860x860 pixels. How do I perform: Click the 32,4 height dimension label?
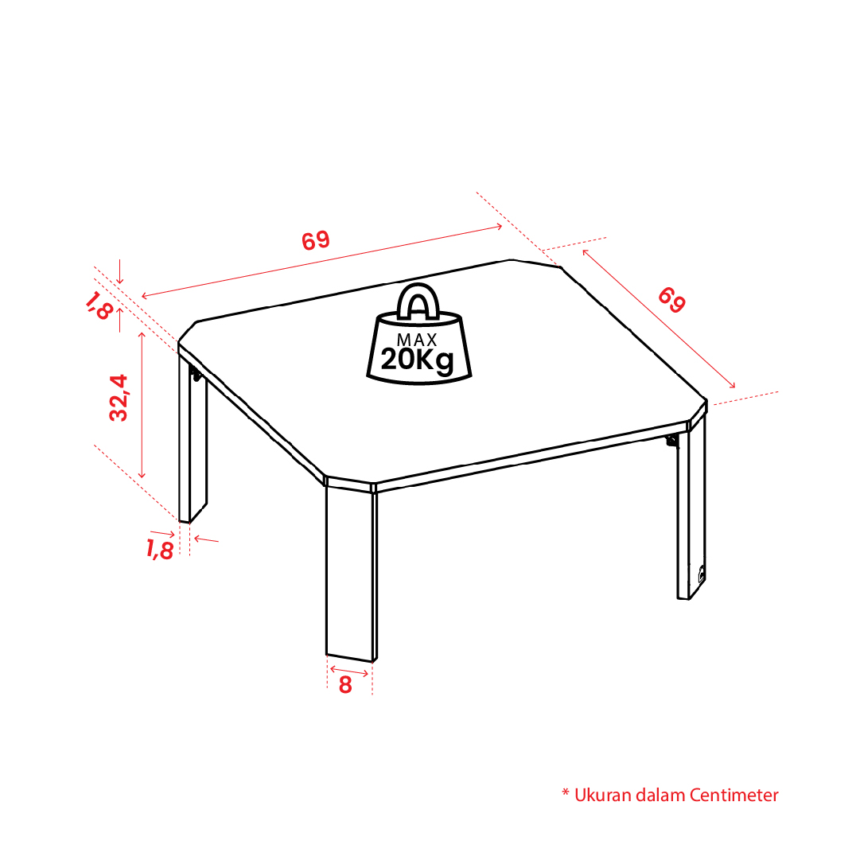119,398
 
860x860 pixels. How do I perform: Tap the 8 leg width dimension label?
345,685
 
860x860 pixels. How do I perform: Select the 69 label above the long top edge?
316,240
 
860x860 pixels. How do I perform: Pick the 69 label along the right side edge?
672,299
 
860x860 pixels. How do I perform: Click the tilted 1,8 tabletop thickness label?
99,305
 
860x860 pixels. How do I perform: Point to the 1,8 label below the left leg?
160,549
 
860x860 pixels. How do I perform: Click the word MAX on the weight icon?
417,340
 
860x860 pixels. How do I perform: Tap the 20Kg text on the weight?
418,360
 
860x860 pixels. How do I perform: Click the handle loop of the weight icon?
418,302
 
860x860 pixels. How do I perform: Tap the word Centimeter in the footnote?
734,795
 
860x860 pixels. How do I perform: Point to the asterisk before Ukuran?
566,792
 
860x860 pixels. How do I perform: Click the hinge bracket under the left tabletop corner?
195,374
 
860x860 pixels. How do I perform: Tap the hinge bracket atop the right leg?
672,441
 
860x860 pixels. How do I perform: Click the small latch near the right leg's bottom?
701,574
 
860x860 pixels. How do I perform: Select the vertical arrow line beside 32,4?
142,405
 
